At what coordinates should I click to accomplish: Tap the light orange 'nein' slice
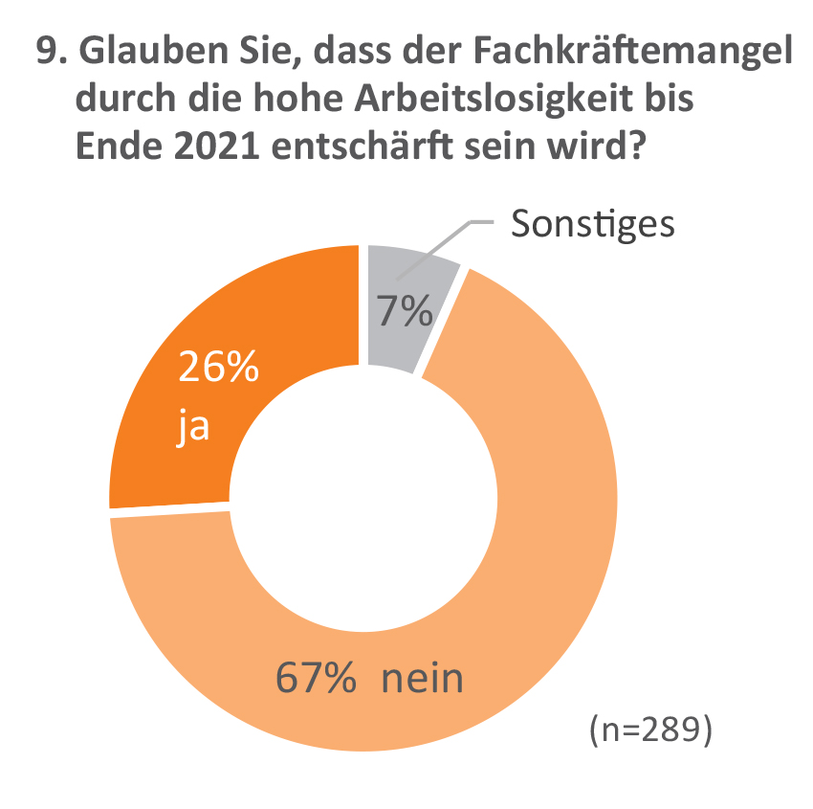click(536, 536)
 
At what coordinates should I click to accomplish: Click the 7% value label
click(403, 312)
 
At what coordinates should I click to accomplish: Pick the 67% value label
click(317, 679)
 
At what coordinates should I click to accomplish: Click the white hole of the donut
click(363, 507)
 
